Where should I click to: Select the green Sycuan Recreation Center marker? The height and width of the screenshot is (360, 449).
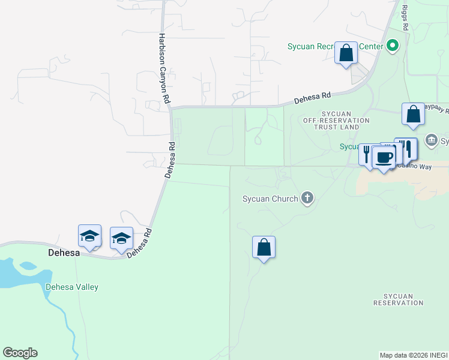pos(393,46)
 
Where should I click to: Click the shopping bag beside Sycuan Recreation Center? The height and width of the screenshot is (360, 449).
pos(346,53)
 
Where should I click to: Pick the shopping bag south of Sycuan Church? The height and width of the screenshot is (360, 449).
pos(264,247)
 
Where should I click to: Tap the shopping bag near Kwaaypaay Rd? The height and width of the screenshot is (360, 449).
pos(414,114)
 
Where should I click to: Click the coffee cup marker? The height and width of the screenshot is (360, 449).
pos(384,158)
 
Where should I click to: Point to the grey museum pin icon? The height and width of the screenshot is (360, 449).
pos(432,141)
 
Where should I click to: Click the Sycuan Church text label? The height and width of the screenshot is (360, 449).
pos(270,199)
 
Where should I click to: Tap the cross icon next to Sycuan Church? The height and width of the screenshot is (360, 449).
pos(307,198)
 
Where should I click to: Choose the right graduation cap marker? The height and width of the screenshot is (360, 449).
pos(121,238)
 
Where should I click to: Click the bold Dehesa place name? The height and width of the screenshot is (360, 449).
pos(64,253)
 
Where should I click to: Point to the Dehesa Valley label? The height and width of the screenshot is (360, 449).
pos(72,287)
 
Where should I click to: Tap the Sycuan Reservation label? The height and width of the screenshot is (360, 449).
pos(398,299)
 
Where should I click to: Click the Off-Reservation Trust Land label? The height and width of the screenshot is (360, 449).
pos(336,120)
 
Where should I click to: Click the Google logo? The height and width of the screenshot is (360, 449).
pos(20,352)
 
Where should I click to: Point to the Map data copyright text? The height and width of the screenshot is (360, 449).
pos(414,355)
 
